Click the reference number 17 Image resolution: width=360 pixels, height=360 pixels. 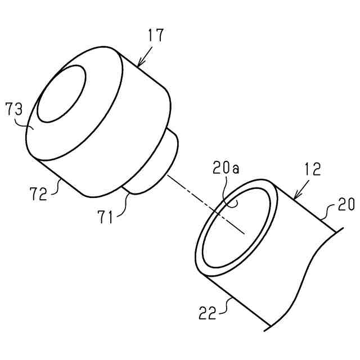click(x=156, y=35)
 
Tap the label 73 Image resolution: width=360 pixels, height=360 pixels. click(x=13, y=108)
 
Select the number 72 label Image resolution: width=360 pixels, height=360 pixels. click(x=38, y=193)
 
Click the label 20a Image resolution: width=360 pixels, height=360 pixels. click(x=225, y=168)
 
